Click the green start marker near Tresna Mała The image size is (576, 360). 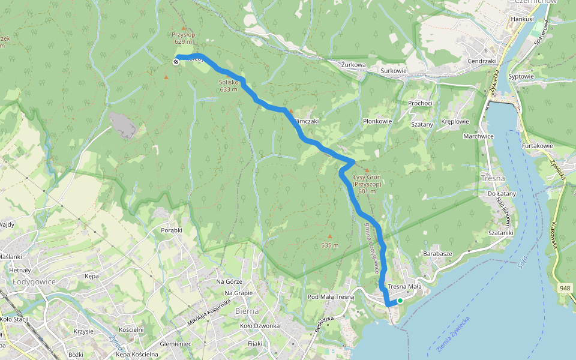400,301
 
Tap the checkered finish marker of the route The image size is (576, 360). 176,62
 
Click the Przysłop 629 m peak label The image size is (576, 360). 184,38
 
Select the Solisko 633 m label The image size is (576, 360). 229,86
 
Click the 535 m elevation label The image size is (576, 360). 329,245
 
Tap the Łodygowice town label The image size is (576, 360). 34,281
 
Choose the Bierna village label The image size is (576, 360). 247,311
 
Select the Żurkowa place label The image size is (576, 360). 353,64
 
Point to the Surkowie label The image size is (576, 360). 394,71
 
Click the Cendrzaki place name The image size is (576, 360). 481,61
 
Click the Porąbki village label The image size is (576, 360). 172,230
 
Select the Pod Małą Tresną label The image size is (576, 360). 331,297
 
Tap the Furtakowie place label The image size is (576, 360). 536,146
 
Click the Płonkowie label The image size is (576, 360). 377,121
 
